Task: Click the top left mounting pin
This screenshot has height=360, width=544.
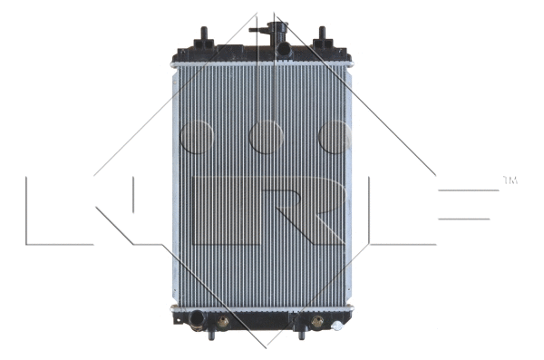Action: click(204, 36)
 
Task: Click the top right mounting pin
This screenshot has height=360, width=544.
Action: click(321, 36)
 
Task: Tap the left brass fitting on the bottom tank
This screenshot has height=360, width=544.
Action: click(223, 320)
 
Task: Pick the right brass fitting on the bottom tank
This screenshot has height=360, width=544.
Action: click(316, 320)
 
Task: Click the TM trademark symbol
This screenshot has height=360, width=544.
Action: click(510, 181)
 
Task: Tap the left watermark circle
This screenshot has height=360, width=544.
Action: click(196, 137)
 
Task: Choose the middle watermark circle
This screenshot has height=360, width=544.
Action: click(266, 137)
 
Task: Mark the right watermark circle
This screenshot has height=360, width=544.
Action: click(335, 137)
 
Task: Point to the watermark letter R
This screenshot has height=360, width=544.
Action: click(290, 210)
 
